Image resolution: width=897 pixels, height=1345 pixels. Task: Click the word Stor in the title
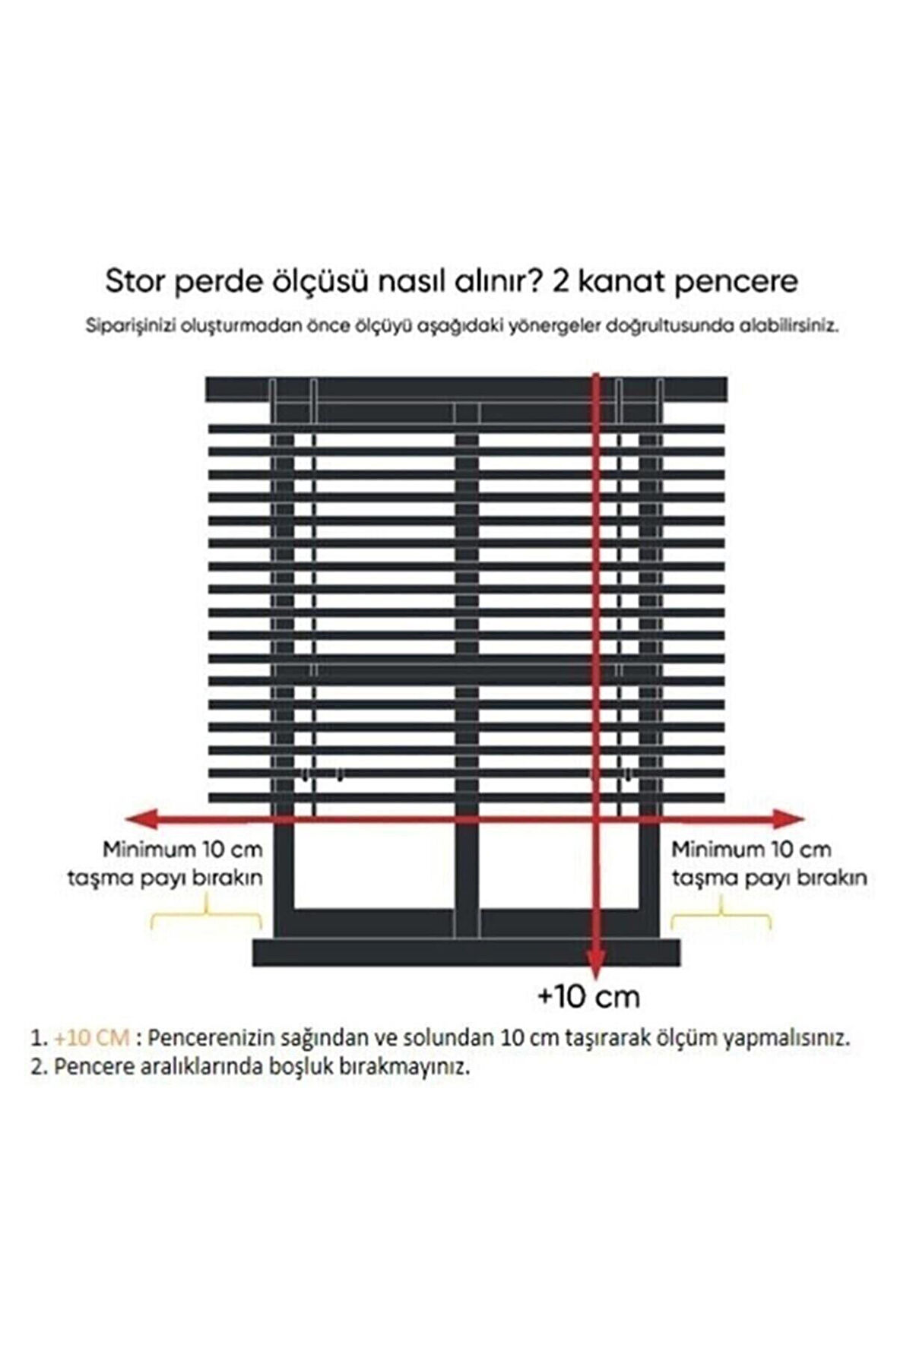click(134, 282)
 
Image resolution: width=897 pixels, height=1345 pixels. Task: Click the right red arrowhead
click(791, 818)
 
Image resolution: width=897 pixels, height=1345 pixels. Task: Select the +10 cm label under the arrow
click(588, 995)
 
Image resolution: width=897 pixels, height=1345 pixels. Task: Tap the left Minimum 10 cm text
click(182, 849)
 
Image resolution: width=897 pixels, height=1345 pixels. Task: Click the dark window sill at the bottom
click(465, 952)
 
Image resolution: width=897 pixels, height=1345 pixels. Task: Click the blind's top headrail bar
click(465, 389)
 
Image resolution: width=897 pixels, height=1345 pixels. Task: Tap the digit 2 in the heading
click(560, 282)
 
